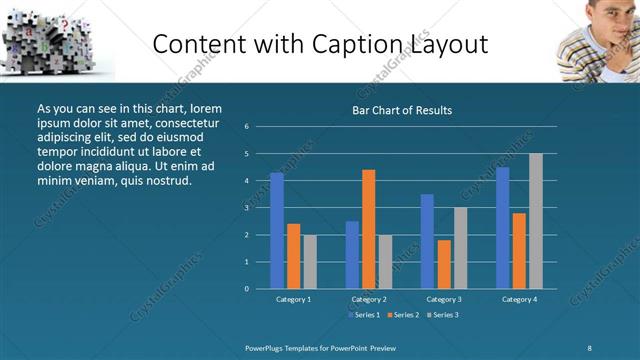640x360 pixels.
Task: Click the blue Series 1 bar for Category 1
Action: tap(277, 230)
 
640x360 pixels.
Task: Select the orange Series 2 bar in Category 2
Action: tap(368, 229)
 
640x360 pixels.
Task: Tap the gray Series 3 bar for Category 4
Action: tap(536, 221)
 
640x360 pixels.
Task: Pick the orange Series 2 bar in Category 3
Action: tap(444, 264)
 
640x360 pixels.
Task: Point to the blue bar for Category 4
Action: tap(503, 227)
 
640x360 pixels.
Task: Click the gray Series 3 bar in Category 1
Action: tap(310, 261)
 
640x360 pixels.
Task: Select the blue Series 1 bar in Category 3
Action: tap(427, 241)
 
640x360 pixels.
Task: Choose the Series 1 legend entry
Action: tap(364, 315)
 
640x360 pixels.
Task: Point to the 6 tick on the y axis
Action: tap(260, 127)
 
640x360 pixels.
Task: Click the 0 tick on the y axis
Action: tap(260, 288)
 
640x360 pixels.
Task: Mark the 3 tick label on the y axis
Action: tap(260, 208)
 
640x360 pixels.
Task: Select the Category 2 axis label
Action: tap(368, 299)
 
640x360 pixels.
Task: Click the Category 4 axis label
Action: tap(519, 299)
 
